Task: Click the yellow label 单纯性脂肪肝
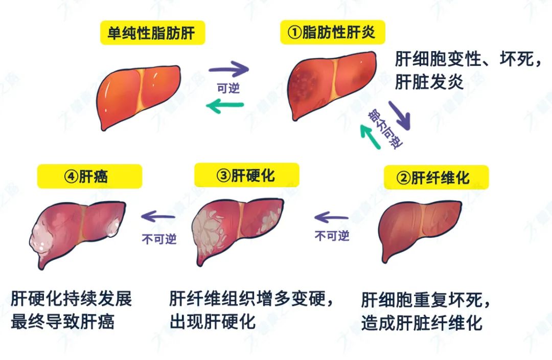point(152,33)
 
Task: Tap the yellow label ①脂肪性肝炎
point(332,33)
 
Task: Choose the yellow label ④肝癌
point(89,176)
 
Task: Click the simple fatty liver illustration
point(139,95)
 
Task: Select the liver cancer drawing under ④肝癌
point(77,230)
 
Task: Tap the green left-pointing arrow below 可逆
point(224,106)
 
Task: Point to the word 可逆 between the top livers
point(228,88)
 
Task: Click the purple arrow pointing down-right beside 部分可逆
point(400,114)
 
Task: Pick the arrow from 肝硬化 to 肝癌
point(158,216)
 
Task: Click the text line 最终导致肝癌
point(62,322)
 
